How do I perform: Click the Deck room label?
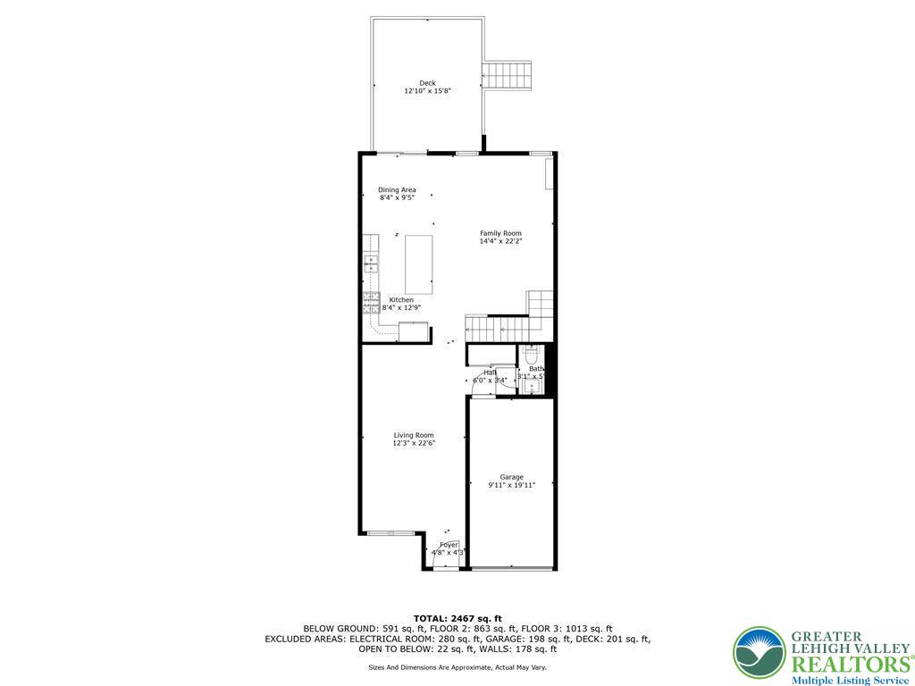coord(427,83)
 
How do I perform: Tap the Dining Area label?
coord(397,189)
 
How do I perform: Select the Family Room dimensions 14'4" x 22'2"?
coord(500,241)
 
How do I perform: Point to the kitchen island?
coord(419,264)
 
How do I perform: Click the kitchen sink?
coord(370,264)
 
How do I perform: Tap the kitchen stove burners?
coord(370,303)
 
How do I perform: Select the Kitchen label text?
coord(401,300)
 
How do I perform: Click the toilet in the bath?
coord(531,356)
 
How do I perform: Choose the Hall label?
coord(490,372)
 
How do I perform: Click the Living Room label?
coord(414,435)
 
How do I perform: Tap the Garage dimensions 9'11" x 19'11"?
coord(512,485)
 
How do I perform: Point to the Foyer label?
coord(449,545)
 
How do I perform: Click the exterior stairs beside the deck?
coord(508,74)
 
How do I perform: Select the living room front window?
coord(390,533)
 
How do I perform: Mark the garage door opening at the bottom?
coord(511,569)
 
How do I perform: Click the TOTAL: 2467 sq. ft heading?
coord(457,618)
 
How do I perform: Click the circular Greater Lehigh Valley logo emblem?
coord(759,653)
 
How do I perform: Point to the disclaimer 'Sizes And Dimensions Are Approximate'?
coord(457,667)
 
